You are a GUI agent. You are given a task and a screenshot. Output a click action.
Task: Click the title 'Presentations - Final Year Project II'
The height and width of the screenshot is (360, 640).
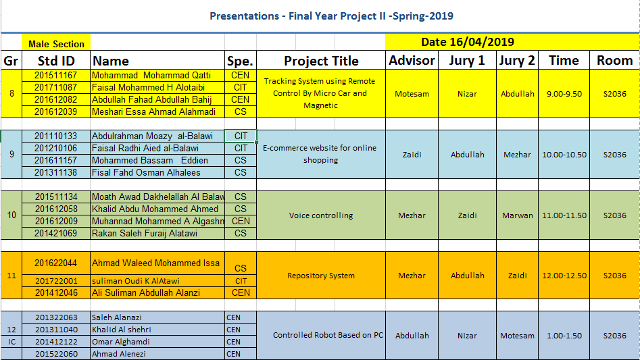(x=331, y=16)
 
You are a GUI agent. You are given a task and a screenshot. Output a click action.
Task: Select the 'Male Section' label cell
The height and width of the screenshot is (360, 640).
(x=56, y=44)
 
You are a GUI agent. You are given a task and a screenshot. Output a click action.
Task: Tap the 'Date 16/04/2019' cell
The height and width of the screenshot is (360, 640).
(x=468, y=42)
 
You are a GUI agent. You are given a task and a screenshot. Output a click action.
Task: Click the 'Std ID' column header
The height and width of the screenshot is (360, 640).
(x=56, y=61)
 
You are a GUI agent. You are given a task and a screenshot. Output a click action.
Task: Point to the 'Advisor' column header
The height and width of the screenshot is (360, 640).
(x=412, y=60)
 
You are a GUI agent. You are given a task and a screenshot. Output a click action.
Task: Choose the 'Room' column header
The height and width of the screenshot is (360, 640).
(x=614, y=60)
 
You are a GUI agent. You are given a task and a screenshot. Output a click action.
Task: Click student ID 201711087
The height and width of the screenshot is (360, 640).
(x=56, y=87)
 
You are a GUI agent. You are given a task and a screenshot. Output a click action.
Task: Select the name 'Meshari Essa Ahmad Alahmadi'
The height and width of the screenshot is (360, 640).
(x=153, y=111)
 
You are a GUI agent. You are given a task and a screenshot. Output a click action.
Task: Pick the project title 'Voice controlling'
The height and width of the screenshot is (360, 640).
(x=321, y=215)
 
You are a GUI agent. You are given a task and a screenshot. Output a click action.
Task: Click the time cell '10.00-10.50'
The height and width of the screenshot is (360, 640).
(x=564, y=155)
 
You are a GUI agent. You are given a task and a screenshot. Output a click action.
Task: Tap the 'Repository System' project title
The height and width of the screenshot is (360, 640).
(x=321, y=276)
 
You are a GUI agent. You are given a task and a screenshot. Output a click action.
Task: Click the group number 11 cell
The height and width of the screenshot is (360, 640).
(x=11, y=276)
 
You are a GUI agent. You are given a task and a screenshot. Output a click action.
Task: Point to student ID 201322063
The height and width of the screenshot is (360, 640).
(x=56, y=317)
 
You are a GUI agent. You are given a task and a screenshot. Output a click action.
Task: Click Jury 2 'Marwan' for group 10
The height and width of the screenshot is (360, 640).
(x=517, y=215)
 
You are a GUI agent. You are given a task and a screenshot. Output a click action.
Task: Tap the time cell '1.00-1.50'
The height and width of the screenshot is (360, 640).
(x=564, y=336)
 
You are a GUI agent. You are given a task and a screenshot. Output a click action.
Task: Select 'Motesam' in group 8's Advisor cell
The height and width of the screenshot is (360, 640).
(x=412, y=94)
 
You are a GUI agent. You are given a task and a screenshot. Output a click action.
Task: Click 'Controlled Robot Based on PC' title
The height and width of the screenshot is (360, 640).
(x=328, y=335)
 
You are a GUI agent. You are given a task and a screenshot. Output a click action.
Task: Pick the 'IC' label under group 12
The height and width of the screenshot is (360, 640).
(x=11, y=342)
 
